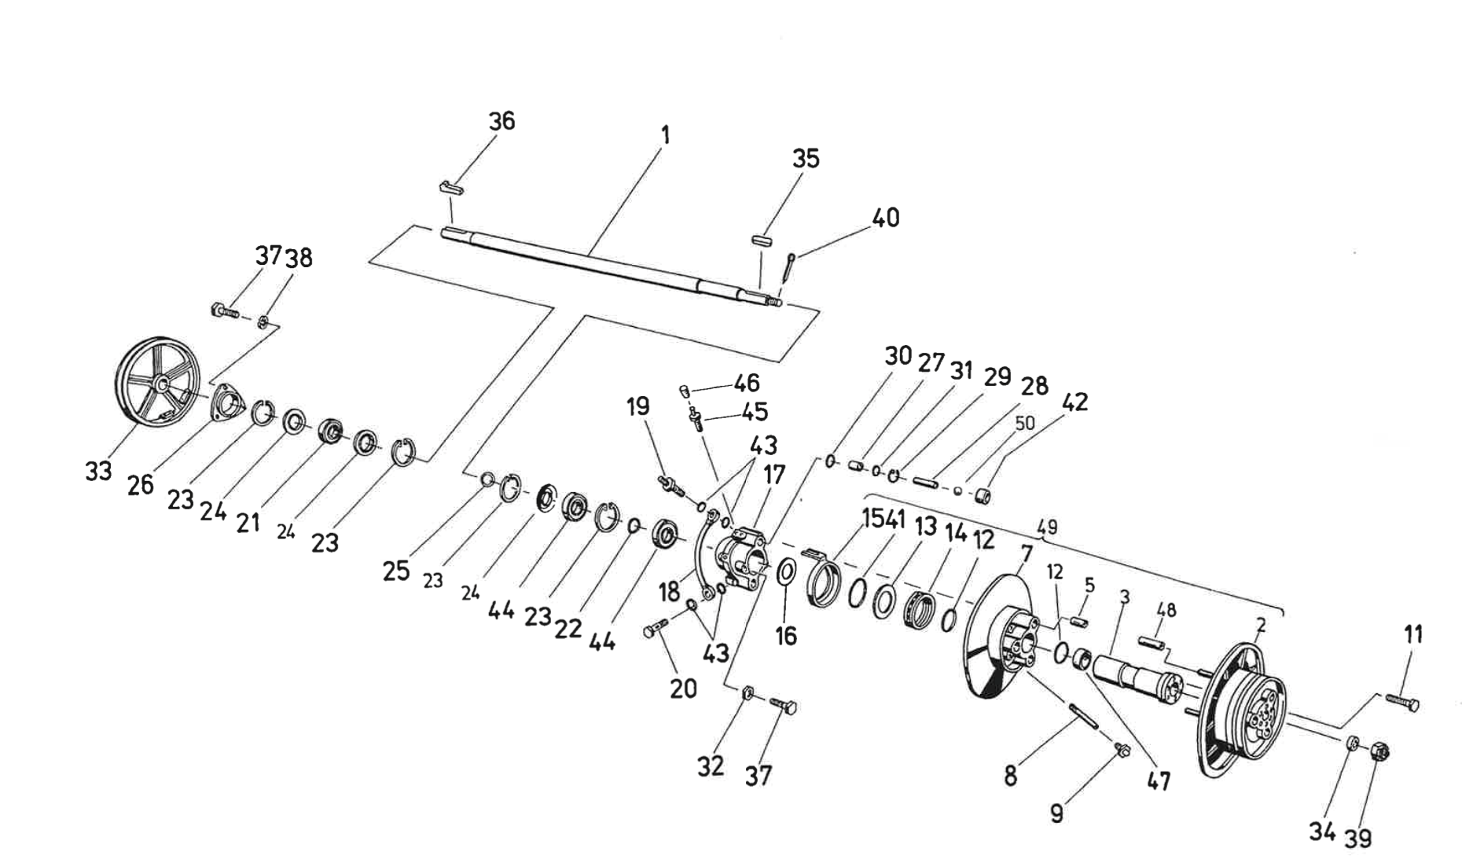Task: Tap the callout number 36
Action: point(501,121)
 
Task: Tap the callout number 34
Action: point(1322,831)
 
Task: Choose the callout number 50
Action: point(1024,424)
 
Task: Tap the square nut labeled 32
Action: point(750,693)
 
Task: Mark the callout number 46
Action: point(747,383)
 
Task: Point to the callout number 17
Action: point(774,474)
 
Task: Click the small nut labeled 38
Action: point(264,320)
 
